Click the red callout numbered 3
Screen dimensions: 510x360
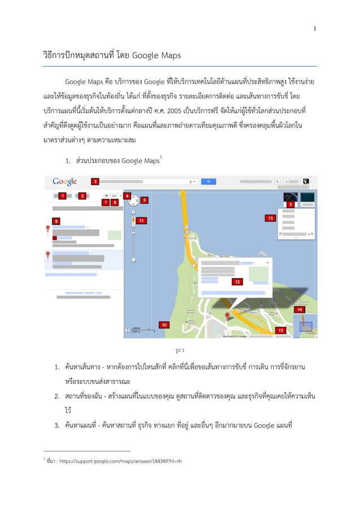95,181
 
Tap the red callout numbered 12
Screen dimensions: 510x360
238,281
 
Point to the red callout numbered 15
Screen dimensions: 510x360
279,329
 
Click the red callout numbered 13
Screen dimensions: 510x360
271,217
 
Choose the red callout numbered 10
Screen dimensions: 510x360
164,325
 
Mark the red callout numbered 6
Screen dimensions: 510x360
290,204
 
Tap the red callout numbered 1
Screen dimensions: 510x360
63,195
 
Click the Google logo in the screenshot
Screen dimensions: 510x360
65,181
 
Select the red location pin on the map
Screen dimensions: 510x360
228,317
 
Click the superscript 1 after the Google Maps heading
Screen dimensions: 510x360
161,156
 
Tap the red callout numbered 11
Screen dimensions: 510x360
141,220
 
